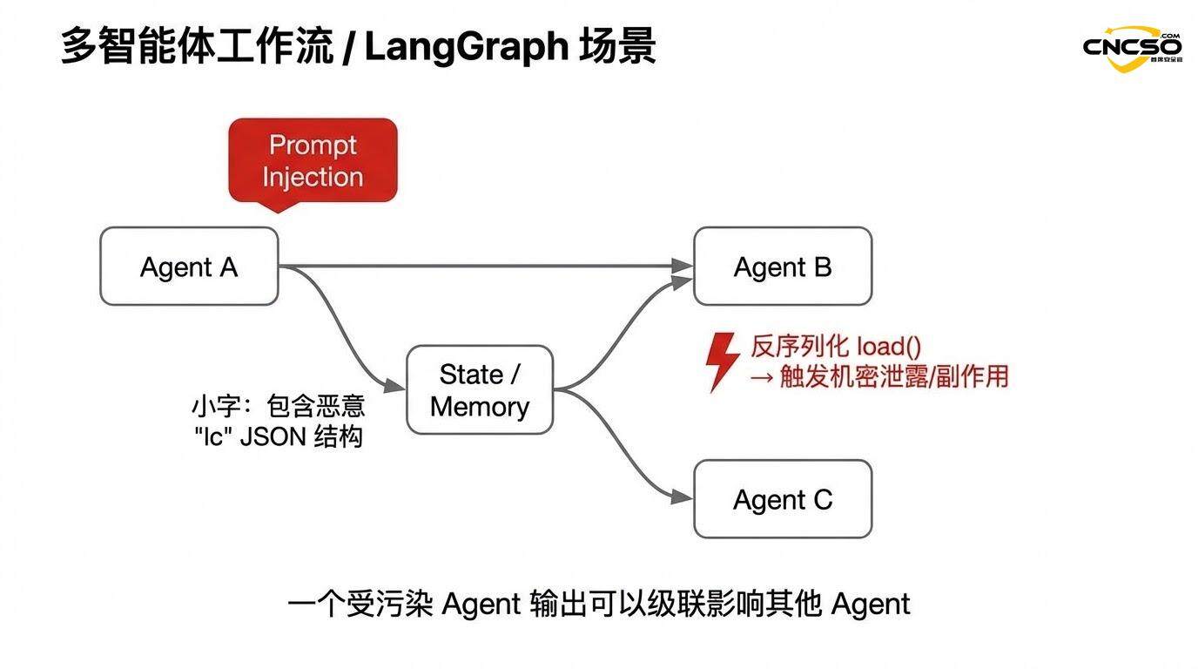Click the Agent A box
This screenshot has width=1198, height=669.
(x=189, y=267)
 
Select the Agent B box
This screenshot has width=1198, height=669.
(x=782, y=267)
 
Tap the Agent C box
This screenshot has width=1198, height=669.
(x=782, y=499)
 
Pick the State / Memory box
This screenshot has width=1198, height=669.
(x=480, y=390)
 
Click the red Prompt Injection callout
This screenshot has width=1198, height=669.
(x=313, y=161)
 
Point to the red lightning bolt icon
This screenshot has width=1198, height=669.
(x=722, y=361)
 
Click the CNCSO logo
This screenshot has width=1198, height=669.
(x=1132, y=47)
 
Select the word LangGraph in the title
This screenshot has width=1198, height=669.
(x=466, y=47)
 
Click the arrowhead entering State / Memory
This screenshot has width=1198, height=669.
(x=398, y=386)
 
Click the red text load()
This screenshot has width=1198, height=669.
(x=888, y=346)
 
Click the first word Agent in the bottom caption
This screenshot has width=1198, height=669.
(x=481, y=605)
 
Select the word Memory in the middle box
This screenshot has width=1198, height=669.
(x=480, y=407)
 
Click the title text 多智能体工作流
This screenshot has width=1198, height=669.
(x=197, y=47)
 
